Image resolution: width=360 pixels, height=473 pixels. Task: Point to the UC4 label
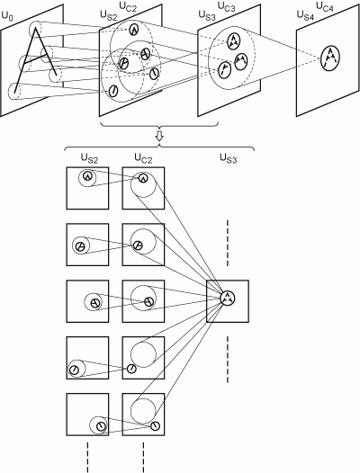[336, 7]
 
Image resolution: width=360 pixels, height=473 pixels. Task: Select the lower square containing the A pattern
[228, 300]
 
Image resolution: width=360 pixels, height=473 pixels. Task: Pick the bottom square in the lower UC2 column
[142, 415]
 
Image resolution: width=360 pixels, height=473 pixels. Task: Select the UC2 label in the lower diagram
[143, 157]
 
